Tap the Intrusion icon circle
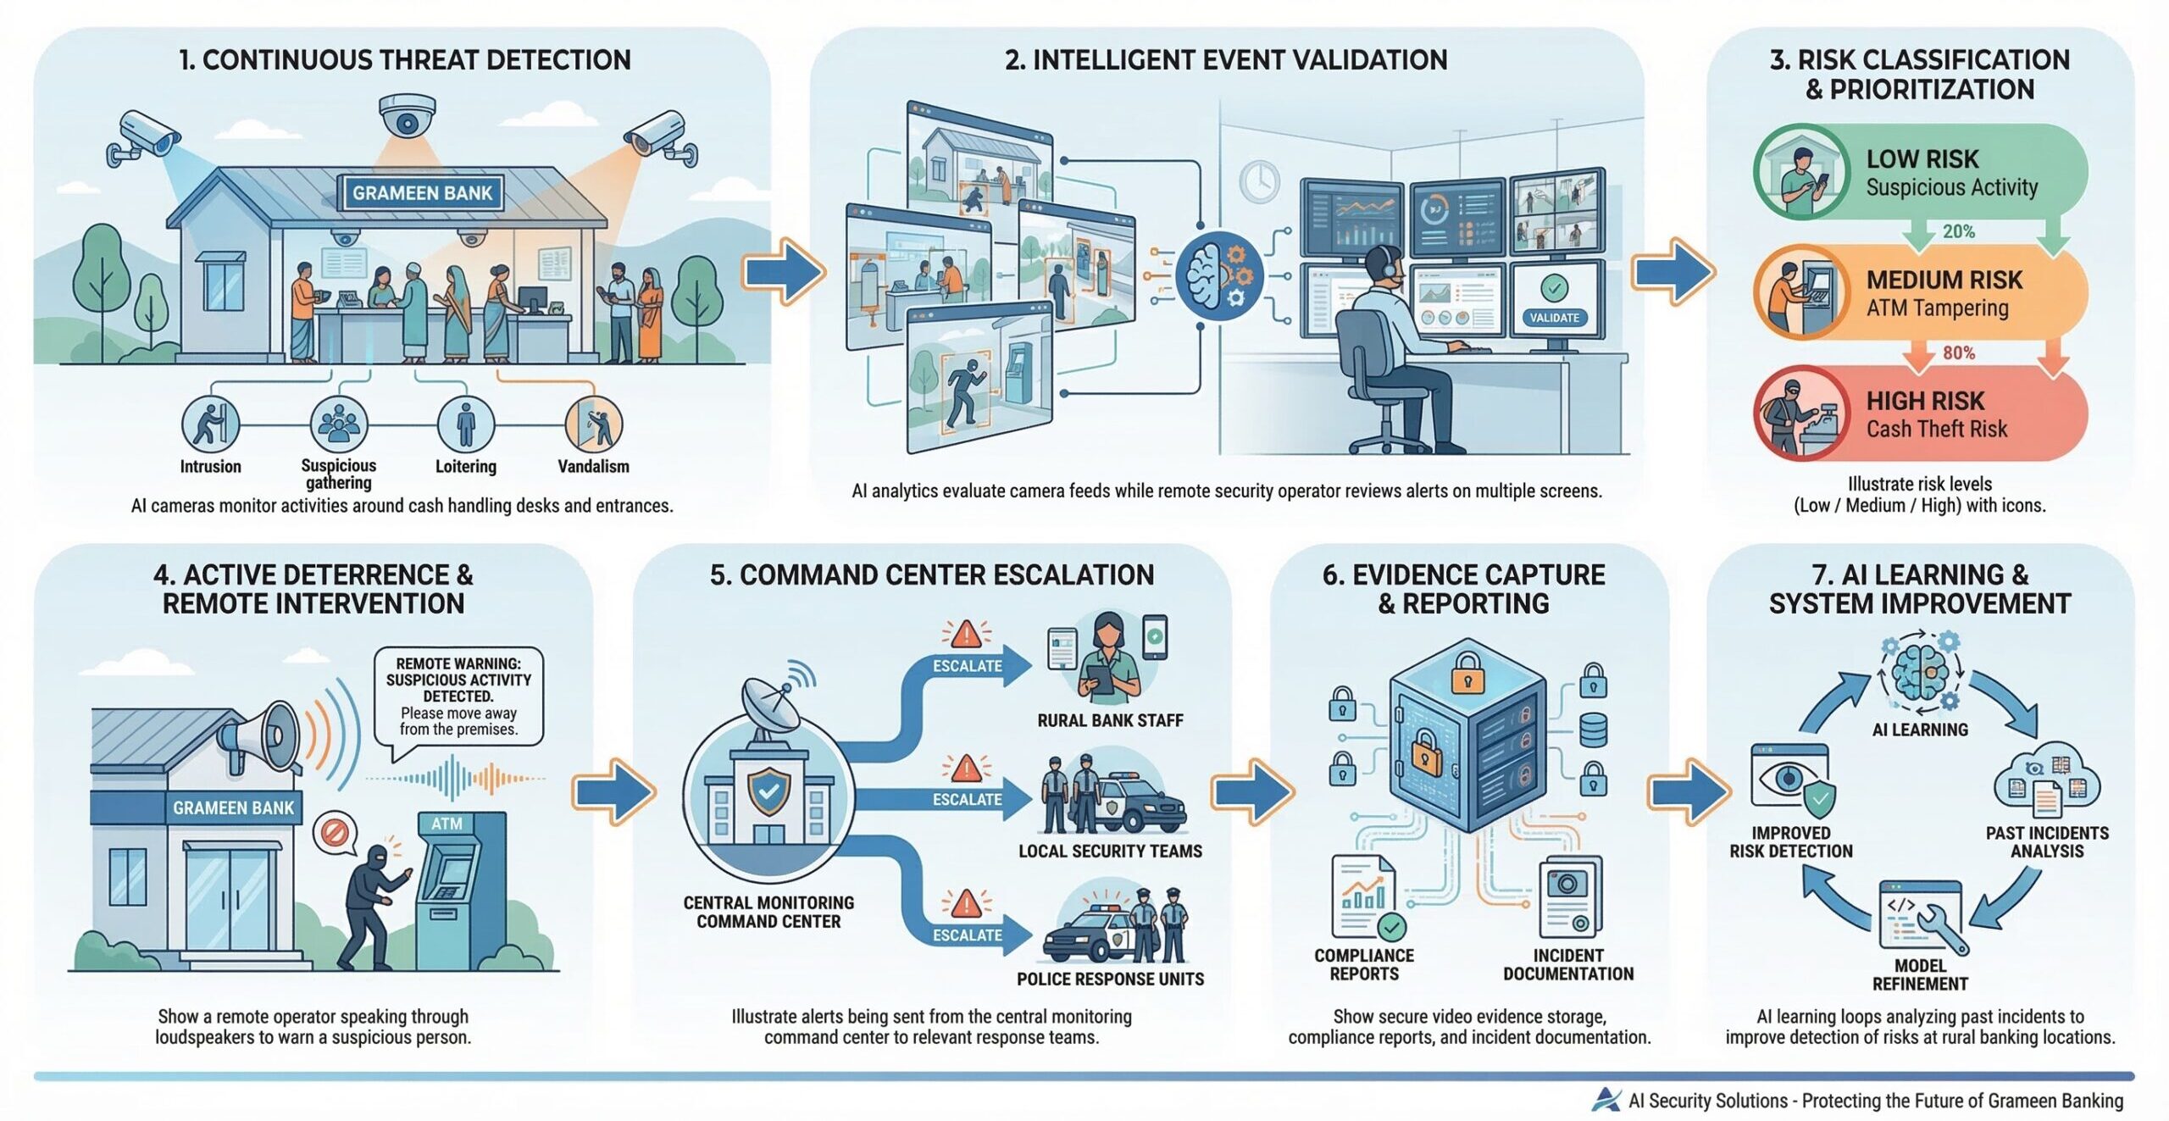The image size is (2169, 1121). [x=210, y=424]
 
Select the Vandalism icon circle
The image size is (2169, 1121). [x=593, y=424]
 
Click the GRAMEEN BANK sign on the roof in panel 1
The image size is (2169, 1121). [x=422, y=193]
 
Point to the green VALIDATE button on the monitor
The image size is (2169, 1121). [x=1554, y=318]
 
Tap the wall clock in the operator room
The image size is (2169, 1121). [x=1260, y=180]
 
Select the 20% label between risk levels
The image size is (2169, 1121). [x=1958, y=231]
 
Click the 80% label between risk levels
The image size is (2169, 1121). [x=1958, y=352]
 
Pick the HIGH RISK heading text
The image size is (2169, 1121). [x=1925, y=401]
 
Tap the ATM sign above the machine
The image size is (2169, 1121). [x=447, y=824]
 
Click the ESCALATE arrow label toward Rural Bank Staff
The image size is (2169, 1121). [x=968, y=666]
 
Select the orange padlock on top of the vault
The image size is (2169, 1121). [x=1467, y=674]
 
